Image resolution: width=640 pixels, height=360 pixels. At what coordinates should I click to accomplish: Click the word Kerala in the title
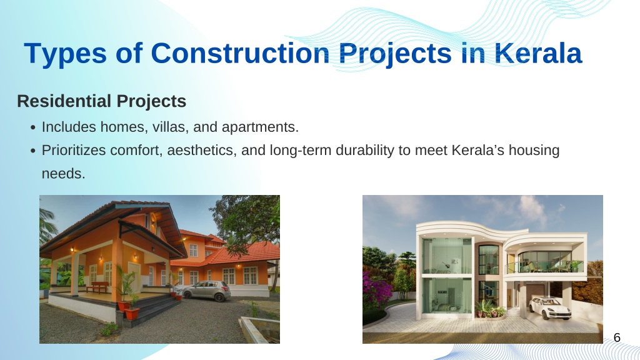tap(538, 54)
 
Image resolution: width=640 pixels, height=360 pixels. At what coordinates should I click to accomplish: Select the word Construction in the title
tap(240, 54)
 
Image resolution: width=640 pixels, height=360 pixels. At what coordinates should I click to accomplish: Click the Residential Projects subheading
tap(102, 101)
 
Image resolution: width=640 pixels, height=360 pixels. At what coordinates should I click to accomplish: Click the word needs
tap(63, 174)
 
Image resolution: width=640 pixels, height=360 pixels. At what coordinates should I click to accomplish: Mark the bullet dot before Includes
tap(34, 127)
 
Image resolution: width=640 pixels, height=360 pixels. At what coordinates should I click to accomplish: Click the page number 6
tap(617, 337)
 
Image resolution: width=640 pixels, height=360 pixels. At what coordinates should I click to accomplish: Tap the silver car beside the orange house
tap(206, 291)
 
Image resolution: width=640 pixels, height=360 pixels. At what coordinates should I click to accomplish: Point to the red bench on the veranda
tap(97, 286)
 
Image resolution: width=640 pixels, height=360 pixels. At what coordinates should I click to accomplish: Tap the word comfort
tap(137, 151)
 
